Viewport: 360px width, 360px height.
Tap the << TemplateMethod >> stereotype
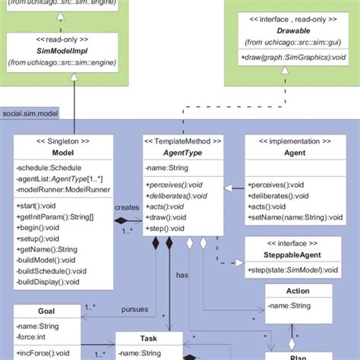(x=183, y=141)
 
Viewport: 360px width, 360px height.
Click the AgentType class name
(x=183, y=153)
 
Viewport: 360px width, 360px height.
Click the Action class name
(x=298, y=292)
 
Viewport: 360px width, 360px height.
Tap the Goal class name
(x=46, y=311)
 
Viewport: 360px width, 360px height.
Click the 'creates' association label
(x=127, y=207)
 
